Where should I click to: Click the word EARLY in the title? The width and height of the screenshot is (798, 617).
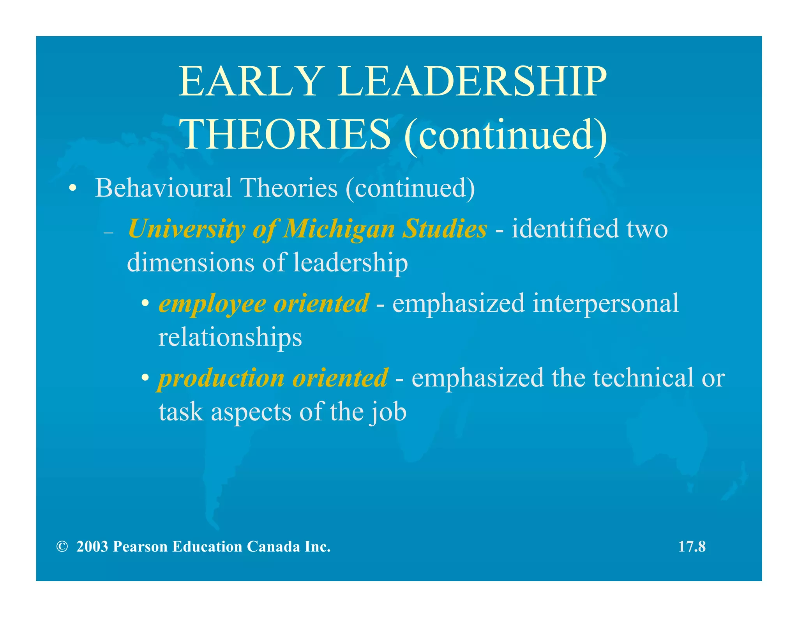point(249,82)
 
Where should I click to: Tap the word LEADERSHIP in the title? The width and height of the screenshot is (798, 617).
point(472,82)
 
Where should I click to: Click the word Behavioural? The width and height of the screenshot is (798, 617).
point(163,188)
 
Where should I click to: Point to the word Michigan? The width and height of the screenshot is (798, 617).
point(339,229)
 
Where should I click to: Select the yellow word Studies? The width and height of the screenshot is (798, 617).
point(444,229)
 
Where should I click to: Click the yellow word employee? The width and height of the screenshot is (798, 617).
point(212,304)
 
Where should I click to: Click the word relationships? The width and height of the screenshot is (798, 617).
point(230,337)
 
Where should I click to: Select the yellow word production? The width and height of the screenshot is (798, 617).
point(221,378)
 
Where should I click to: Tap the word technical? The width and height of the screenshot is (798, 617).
point(643,378)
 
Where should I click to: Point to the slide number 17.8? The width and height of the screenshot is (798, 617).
point(692,547)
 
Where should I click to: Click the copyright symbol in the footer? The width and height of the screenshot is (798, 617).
point(62,547)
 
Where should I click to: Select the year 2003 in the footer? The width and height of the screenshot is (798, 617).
point(92,547)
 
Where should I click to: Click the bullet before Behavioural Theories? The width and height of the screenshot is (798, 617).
point(72,190)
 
